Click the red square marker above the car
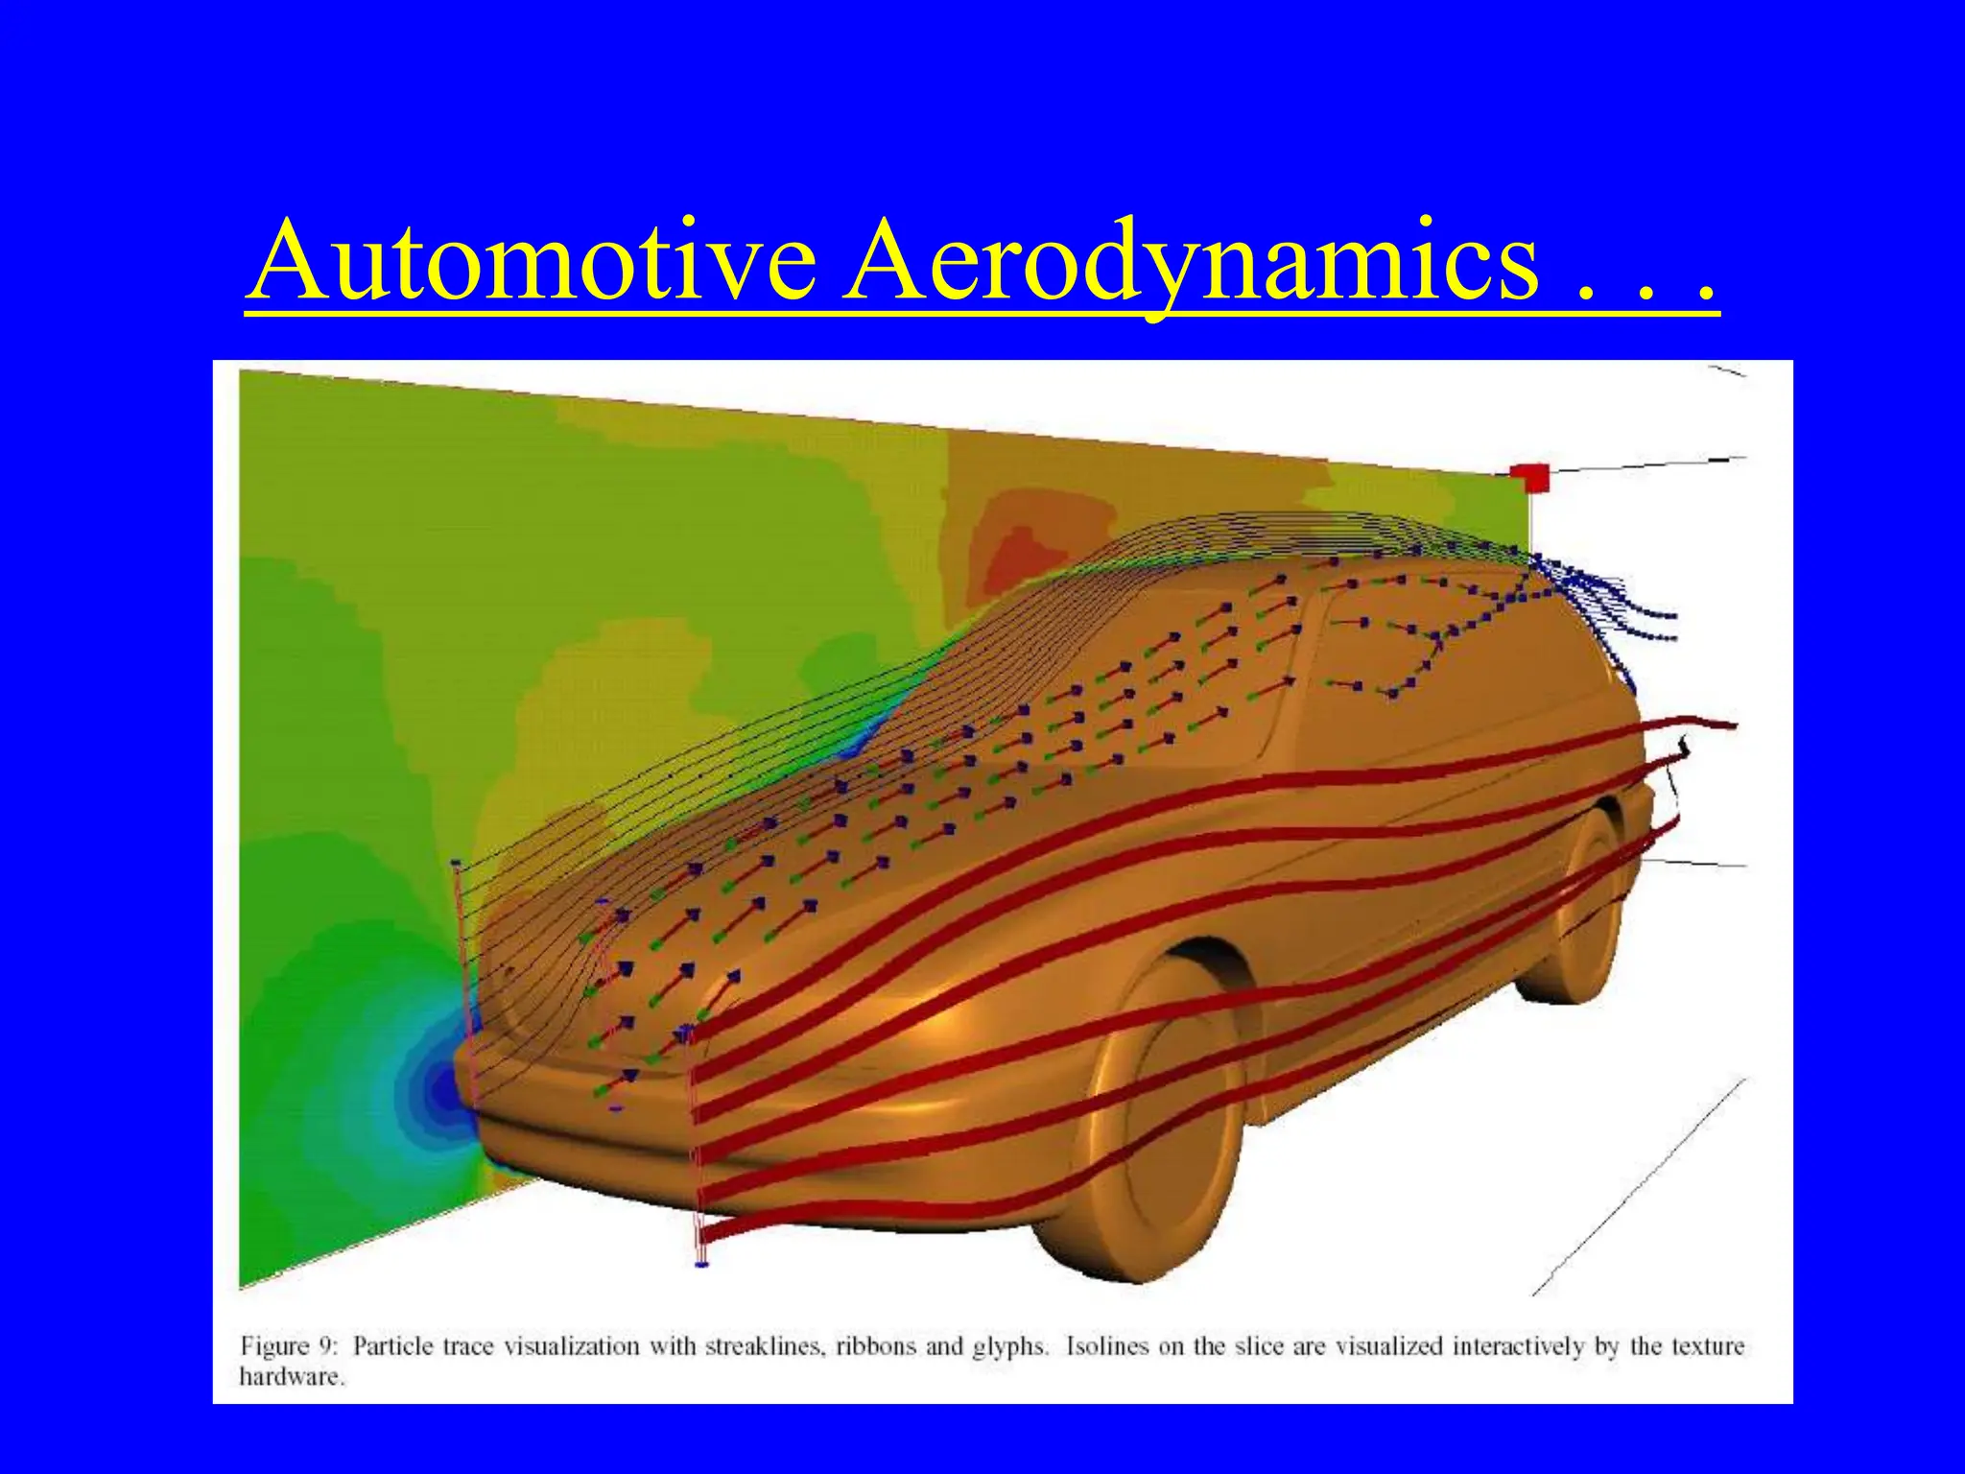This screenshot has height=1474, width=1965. [1529, 477]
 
